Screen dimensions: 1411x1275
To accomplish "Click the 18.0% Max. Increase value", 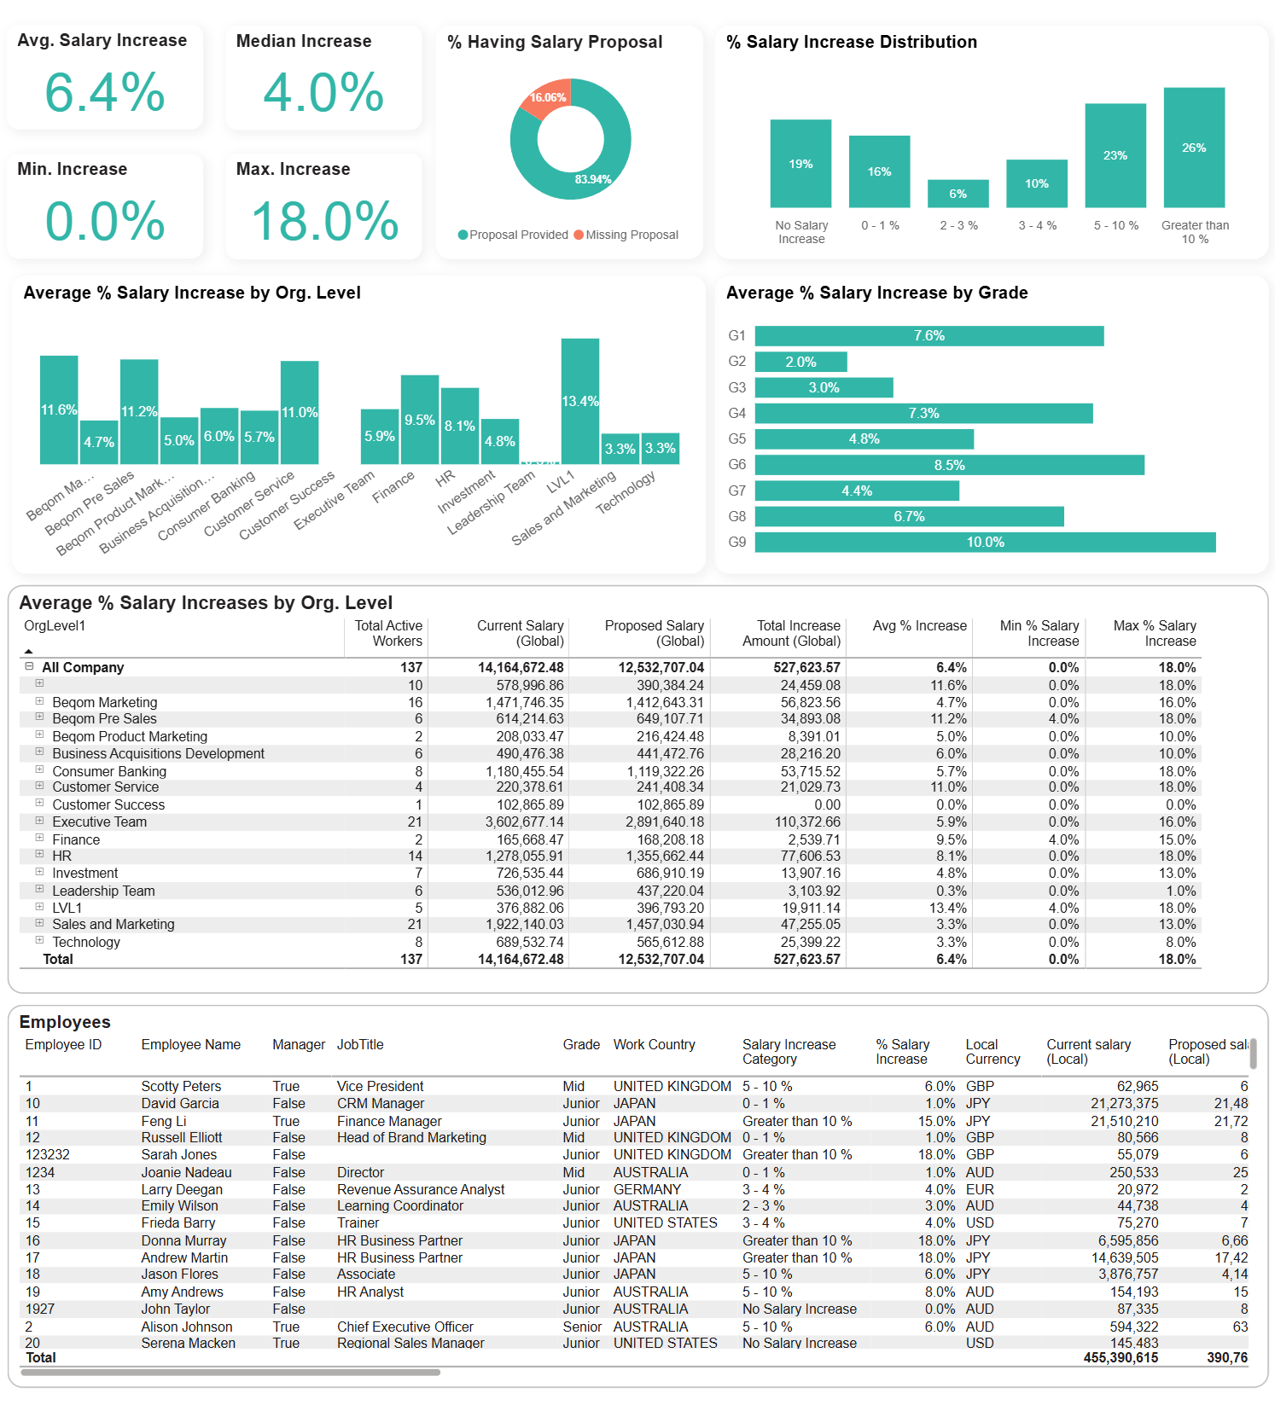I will pyautogui.click(x=324, y=221).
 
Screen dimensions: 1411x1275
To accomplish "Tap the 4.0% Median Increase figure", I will pyautogui.click(x=323, y=92).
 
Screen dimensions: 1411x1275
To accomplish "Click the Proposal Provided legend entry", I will pyautogui.click(x=513, y=235).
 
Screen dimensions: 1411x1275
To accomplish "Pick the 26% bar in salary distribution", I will pyautogui.click(x=1193, y=148).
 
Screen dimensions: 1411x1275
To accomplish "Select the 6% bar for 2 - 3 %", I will pyautogui.click(x=958, y=194).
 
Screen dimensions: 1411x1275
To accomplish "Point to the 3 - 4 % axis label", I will pyautogui.click(x=1037, y=225).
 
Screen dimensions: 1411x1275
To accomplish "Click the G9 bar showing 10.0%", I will pyautogui.click(x=985, y=543).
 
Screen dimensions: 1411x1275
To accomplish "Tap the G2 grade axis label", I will pyautogui.click(x=736, y=362).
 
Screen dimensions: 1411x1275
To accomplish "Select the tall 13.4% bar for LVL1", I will pyautogui.click(x=579, y=401).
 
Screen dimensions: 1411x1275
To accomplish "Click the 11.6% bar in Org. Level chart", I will pyautogui.click(x=59, y=409).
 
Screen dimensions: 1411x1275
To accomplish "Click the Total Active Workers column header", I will pyautogui.click(x=387, y=633).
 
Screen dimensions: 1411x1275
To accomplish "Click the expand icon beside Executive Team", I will pyautogui.click(x=39, y=821).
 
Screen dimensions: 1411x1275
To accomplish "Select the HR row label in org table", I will pyautogui.click(x=62, y=856).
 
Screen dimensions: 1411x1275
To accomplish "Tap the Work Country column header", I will pyautogui.click(x=654, y=1044).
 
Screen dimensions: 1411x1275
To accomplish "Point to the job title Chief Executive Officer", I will pyautogui.click(x=405, y=1327).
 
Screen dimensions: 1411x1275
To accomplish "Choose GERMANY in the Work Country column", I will pyautogui.click(x=647, y=1189).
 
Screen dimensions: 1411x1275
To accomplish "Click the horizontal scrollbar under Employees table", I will pyautogui.click(x=230, y=1373).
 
